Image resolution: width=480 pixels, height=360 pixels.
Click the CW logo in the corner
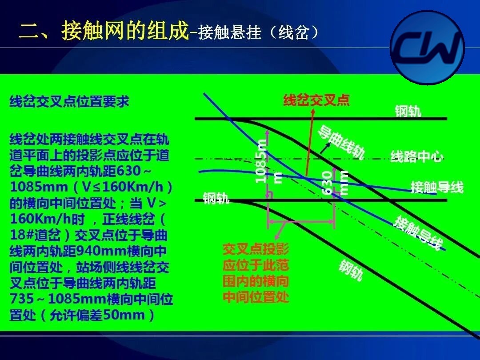pyautogui.click(x=428, y=48)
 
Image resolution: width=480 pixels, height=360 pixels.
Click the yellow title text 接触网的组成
pyautogui.click(x=125, y=30)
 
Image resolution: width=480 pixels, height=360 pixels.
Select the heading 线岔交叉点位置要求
pyautogui.click(x=69, y=101)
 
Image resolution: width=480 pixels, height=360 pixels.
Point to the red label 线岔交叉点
pyautogui.click(x=316, y=100)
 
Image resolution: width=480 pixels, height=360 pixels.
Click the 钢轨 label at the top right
pyautogui.click(x=408, y=111)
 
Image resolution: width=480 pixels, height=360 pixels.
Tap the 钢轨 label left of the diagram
pyautogui.click(x=216, y=198)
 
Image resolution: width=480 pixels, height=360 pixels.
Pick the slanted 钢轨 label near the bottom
pyautogui.click(x=351, y=270)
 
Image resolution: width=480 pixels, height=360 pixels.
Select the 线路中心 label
pyautogui.click(x=417, y=156)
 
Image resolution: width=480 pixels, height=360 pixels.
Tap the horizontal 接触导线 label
pyautogui.click(x=437, y=187)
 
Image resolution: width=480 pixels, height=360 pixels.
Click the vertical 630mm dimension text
pyautogui.click(x=335, y=183)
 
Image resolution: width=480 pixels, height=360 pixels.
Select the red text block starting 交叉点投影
pyautogui.click(x=256, y=273)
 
